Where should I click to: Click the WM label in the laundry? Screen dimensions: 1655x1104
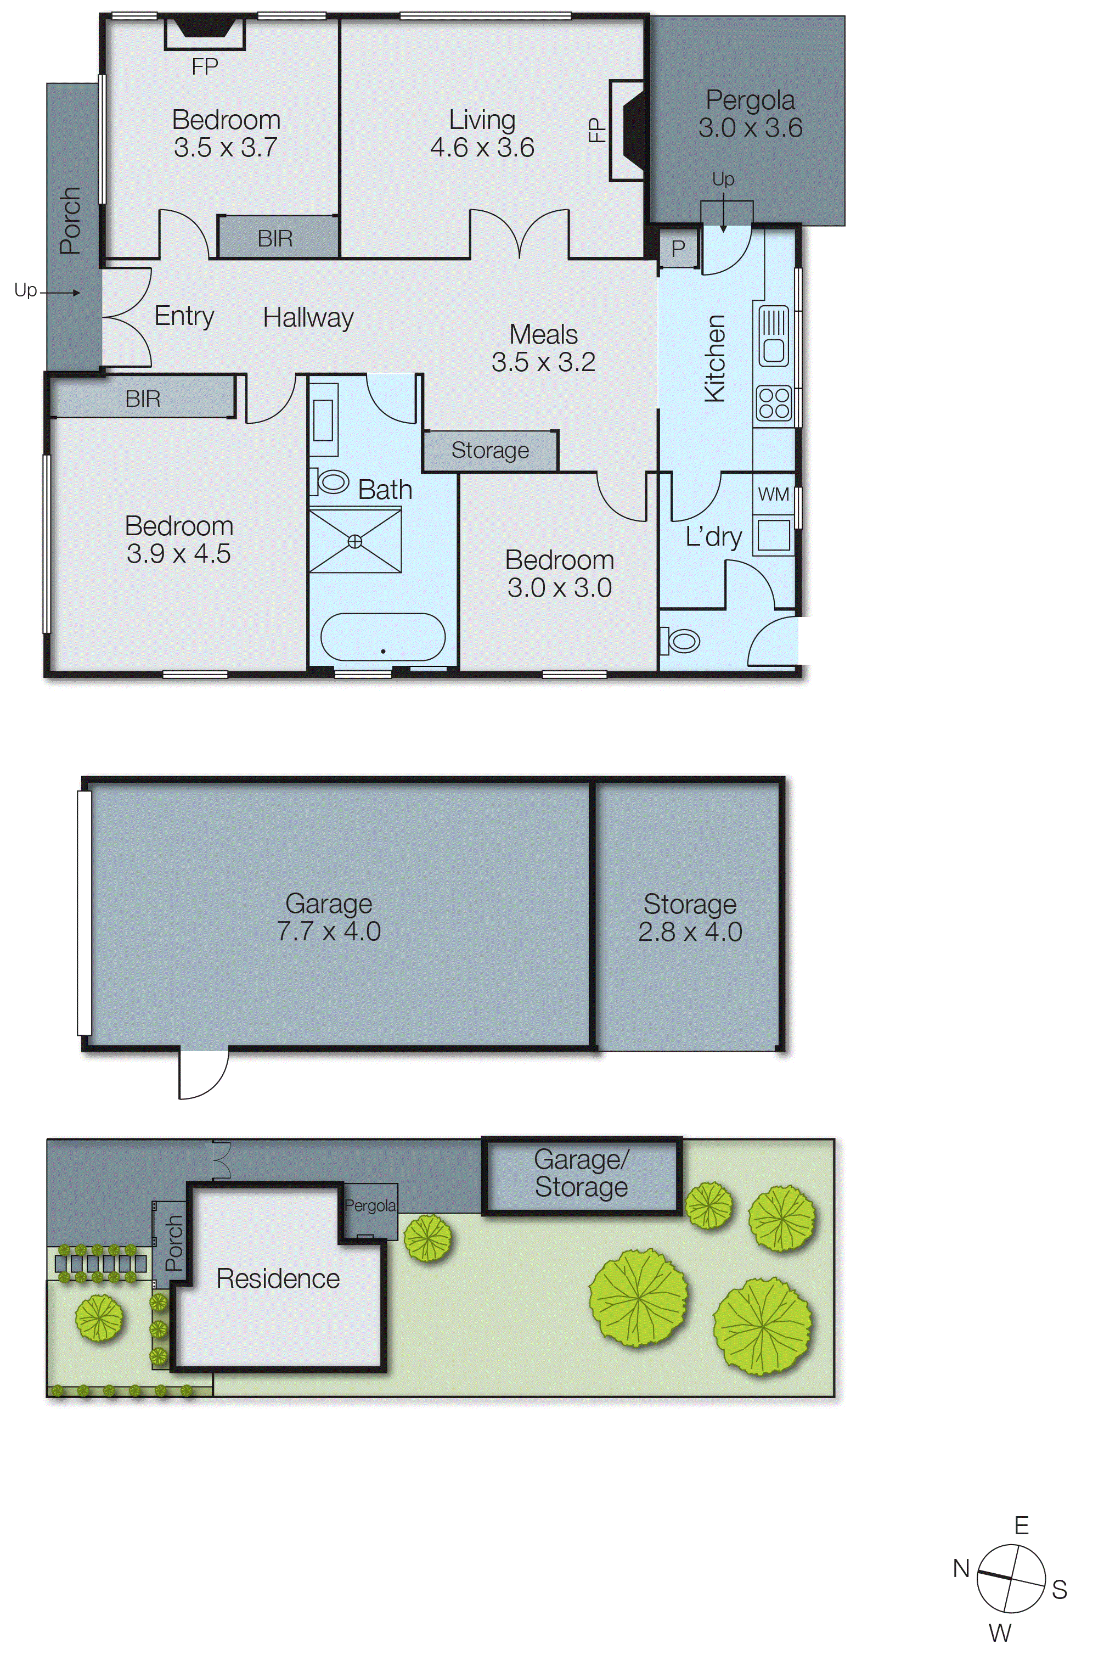tap(773, 495)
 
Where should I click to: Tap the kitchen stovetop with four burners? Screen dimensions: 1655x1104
tap(773, 403)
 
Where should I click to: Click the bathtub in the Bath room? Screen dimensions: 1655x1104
tap(382, 637)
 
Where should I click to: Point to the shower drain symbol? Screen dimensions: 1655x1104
tap(355, 541)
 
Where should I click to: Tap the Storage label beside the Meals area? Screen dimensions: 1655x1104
tap(490, 450)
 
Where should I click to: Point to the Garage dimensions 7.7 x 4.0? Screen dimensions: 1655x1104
tap(329, 932)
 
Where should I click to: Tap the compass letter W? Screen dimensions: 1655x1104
tap(1000, 1633)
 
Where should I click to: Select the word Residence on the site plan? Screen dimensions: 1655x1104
tap(278, 1278)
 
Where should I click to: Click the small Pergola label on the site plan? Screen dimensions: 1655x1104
tap(370, 1205)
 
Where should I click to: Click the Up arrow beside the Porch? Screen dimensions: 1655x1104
tap(60, 292)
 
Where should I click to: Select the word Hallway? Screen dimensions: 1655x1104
tap(308, 318)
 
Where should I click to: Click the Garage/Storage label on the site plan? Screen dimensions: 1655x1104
tap(581, 1173)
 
